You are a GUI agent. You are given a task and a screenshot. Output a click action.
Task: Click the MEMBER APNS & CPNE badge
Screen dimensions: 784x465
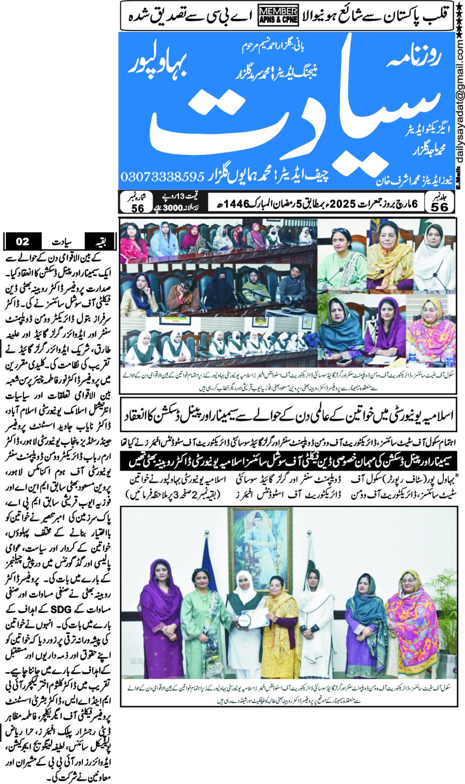tap(278, 15)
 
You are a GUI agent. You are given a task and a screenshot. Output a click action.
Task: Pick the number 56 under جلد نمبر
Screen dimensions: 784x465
tap(439, 207)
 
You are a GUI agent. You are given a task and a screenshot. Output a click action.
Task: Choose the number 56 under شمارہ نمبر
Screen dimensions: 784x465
tap(138, 208)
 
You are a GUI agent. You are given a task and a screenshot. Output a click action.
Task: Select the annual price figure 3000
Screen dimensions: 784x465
tap(172, 208)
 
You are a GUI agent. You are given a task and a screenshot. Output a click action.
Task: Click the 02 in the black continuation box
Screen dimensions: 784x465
tap(22, 242)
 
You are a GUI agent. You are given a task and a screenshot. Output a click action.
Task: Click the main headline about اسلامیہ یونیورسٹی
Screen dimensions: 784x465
tap(287, 416)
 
